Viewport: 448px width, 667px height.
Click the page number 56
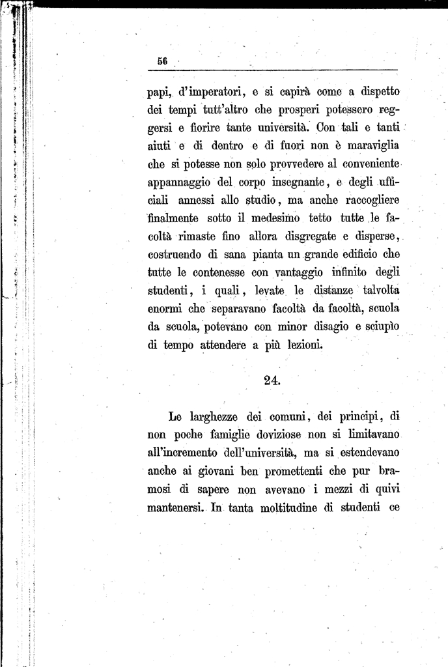pyautogui.click(x=162, y=61)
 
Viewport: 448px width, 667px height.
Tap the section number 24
pyautogui.click(x=272, y=381)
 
